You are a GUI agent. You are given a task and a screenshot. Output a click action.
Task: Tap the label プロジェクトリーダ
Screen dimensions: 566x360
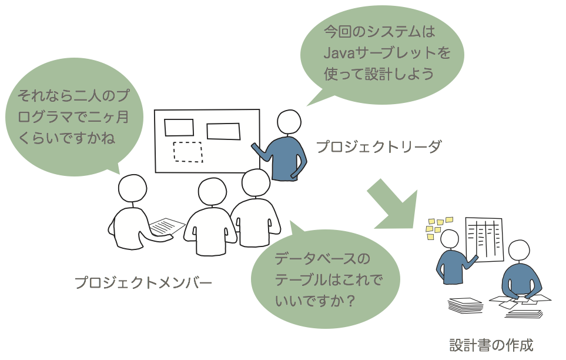pos(379,146)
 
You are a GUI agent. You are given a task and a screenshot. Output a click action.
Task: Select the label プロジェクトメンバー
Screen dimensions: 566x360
pos(143,283)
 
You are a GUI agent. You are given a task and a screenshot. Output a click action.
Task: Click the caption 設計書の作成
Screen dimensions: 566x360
pos(491,345)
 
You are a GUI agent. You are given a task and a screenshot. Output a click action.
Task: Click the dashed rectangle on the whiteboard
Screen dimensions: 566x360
pos(187,152)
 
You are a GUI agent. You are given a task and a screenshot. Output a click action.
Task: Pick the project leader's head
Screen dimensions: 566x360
pos(289,122)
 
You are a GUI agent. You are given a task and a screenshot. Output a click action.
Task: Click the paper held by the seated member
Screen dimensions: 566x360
pos(167,226)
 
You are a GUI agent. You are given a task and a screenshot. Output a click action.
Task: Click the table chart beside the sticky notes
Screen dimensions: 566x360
pos(484,239)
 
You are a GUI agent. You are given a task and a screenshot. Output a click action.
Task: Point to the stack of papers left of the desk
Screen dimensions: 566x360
pos(465,305)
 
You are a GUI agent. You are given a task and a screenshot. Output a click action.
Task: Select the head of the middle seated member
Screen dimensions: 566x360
pos(212,192)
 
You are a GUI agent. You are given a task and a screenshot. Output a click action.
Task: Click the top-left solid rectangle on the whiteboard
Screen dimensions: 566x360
pos(179,127)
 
